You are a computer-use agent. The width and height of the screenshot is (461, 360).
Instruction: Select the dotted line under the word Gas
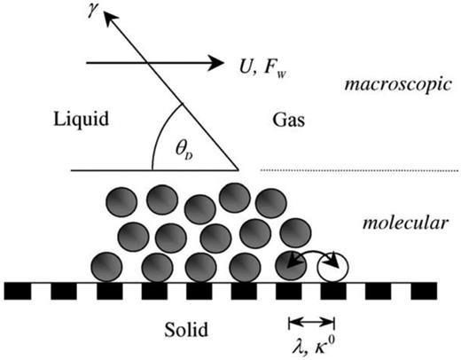(355, 169)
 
